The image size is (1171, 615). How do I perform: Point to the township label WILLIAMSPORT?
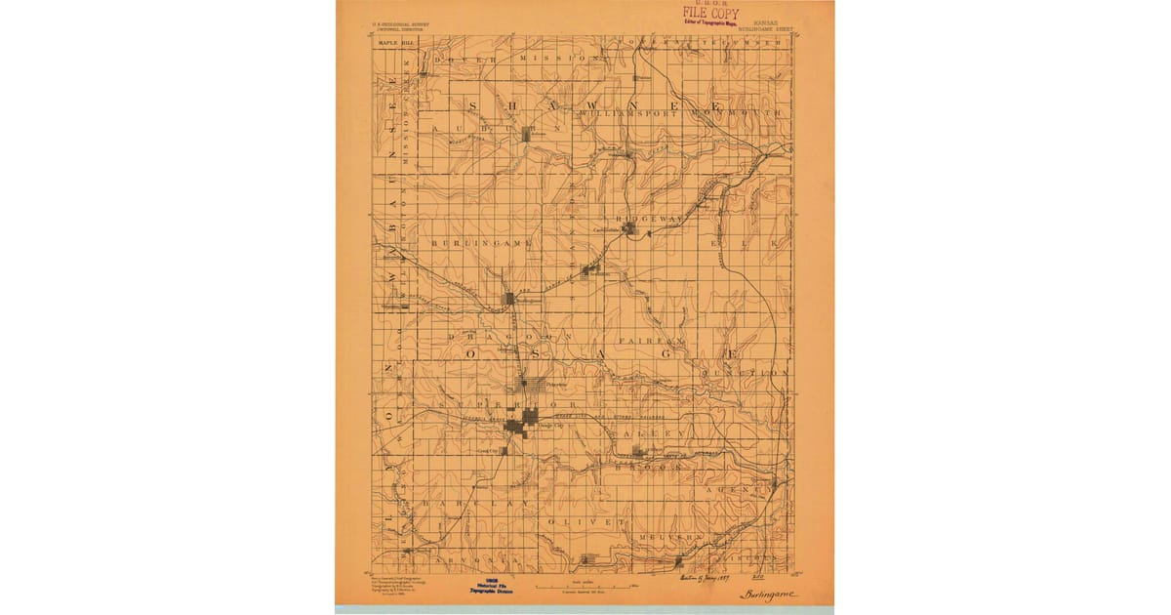(x=628, y=114)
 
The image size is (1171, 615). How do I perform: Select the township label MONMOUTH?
(x=737, y=114)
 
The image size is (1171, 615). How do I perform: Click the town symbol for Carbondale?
(x=630, y=228)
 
